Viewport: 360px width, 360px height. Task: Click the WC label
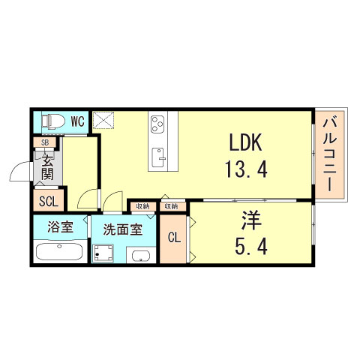78,121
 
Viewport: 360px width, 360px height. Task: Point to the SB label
45,142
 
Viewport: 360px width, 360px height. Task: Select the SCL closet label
47,200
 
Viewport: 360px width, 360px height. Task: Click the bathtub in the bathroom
58,252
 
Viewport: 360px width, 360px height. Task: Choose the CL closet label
173,238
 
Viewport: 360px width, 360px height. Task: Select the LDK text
244,142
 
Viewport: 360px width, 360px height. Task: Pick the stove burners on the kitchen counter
159,124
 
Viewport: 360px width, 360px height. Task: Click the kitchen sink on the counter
159,156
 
